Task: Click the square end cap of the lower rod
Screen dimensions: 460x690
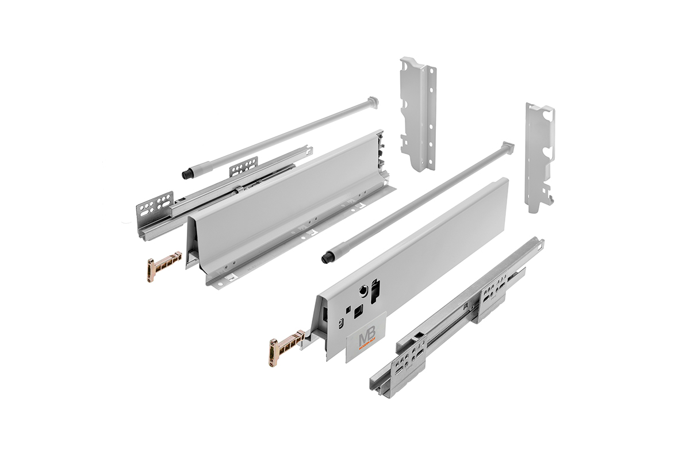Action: [x=507, y=146]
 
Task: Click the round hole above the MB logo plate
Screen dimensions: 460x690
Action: [x=364, y=290]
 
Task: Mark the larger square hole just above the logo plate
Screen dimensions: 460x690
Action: [x=358, y=311]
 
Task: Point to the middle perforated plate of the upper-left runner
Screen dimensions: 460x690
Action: [x=244, y=168]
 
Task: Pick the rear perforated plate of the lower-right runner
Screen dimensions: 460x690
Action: [x=493, y=290]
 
